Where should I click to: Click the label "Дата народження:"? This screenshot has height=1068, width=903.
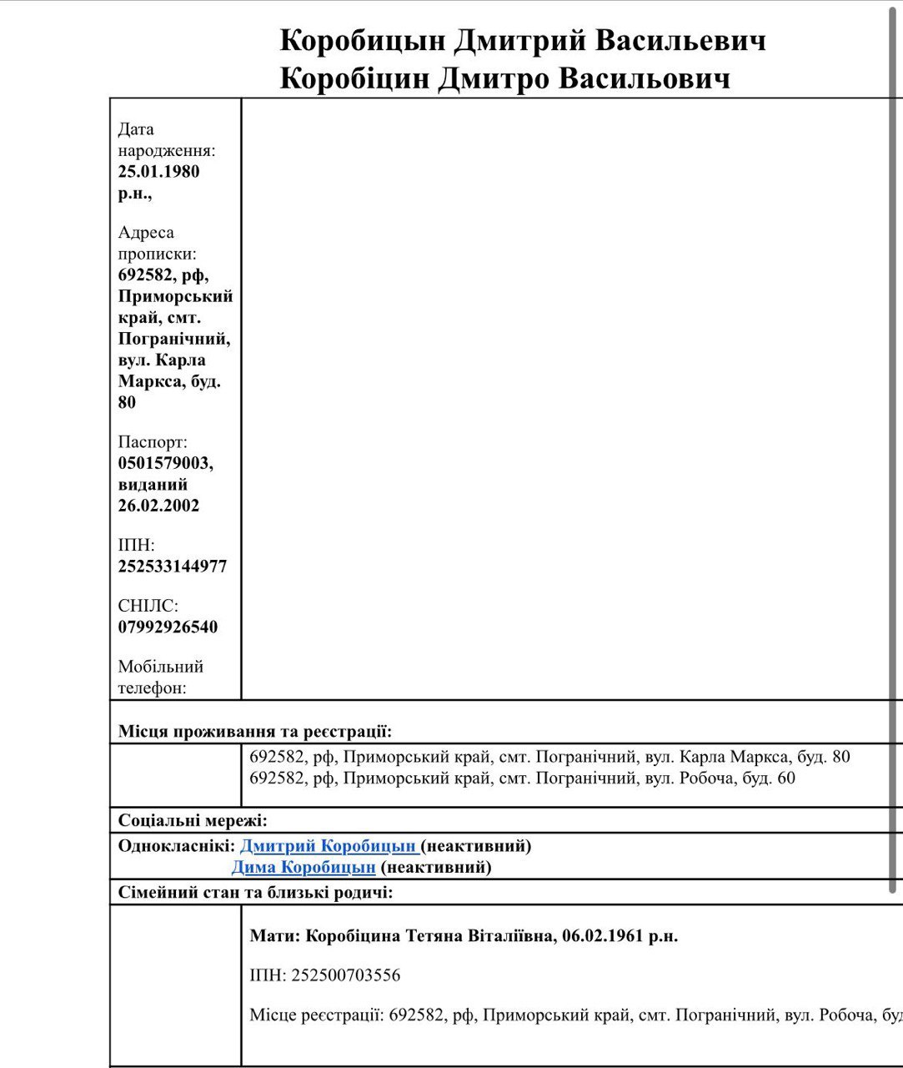click(x=166, y=140)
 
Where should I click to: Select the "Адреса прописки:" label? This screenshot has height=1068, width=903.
click(x=158, y=243)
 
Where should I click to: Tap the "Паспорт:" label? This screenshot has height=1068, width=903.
click(x=153, y=442)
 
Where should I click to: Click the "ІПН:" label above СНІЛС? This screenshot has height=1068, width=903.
click(x=136, y=546)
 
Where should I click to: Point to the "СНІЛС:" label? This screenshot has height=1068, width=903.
click(x=148, y=607)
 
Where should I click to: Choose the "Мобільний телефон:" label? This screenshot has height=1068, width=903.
click(x=160, y=677)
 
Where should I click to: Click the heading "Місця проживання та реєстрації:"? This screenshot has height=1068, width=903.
click(x=254, y=732)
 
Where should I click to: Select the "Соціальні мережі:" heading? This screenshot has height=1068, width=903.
click(x=193, y=820)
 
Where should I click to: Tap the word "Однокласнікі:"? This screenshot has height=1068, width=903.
click(x=177, y=846)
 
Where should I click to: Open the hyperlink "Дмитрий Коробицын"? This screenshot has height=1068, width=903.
click(x=328, y=846)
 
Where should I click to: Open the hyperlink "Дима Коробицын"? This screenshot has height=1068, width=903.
click(x=304, y=868)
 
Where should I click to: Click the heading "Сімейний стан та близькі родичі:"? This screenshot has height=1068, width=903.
click(x=255, y=893)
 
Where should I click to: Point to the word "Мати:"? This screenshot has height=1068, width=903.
click(x=274, y=936)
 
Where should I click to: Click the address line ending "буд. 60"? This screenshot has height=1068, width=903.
click(x=522, y=778)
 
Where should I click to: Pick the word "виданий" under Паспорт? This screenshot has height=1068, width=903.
click(x=153, y=485)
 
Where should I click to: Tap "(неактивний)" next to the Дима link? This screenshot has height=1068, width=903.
click(x=435, y=868)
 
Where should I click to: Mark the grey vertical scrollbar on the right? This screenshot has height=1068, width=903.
click(x=892, y=451)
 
